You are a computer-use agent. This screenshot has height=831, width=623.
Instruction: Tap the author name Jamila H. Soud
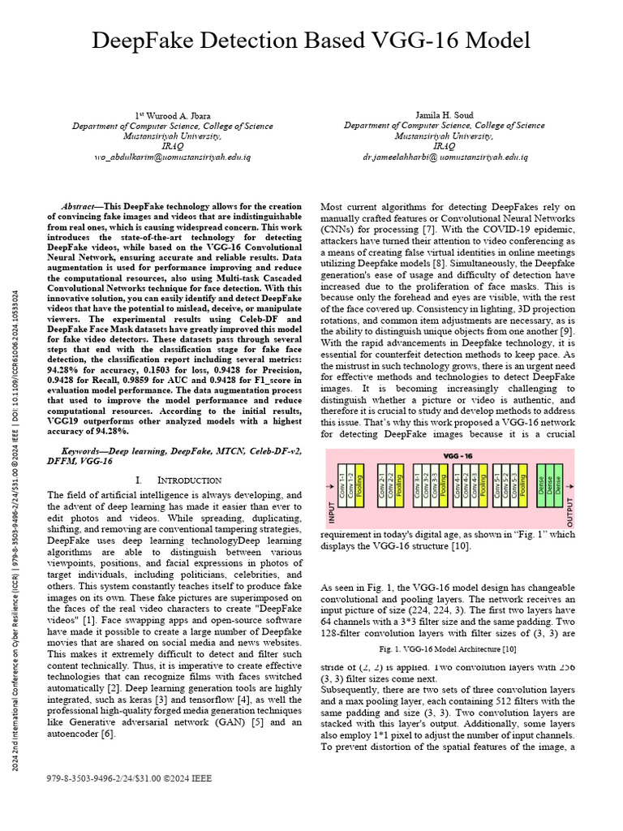[444, 116]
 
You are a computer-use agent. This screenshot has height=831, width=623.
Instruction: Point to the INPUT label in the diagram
[330, 510]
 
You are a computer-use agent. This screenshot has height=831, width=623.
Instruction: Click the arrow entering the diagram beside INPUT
[330, 487]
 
